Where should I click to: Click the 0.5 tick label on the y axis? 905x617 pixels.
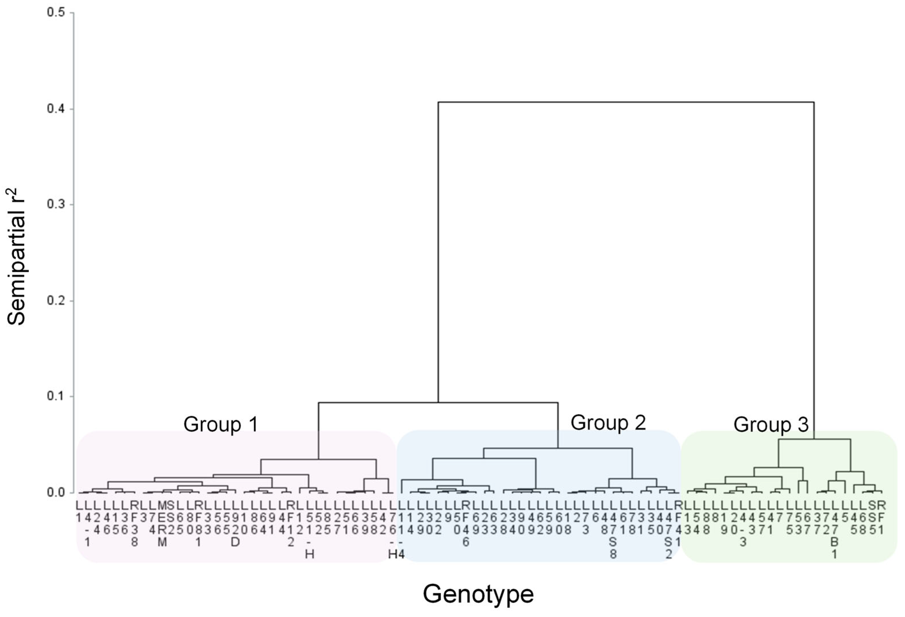(56, 13)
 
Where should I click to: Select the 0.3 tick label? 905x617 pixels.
(56, 204)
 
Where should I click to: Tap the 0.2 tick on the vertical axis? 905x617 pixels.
(56, 301)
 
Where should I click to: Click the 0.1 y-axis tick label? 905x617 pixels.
(56, 396)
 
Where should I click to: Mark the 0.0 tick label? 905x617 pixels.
(56, 493)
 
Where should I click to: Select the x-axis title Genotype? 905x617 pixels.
(478, 594)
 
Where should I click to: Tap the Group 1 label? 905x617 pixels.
(221, 424)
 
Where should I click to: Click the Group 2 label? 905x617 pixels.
(608, 422)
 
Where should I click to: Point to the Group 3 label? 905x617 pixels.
(771, 424)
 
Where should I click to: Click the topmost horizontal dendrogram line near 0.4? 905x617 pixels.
(626, 103)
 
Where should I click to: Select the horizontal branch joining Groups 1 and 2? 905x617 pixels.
(438, 403)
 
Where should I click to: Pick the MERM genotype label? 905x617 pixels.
(162, 524)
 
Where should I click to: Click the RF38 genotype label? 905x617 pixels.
(134, 524)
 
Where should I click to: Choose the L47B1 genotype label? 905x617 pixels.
(834, 529)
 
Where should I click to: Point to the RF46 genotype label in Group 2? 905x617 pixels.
(466, 524)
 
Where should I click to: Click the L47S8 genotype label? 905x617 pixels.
(613, 529)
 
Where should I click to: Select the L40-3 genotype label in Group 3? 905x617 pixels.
(743, 524)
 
